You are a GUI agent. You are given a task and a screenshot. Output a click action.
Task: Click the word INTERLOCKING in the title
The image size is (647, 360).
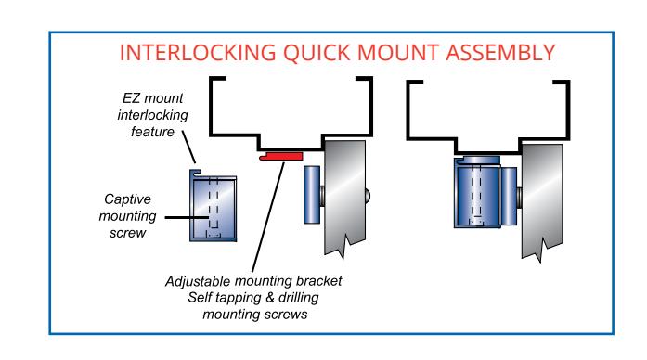point(198,53)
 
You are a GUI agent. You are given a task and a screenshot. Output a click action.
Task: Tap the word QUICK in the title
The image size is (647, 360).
point(317,53)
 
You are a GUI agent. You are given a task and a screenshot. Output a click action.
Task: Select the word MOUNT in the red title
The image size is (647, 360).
point(397,53)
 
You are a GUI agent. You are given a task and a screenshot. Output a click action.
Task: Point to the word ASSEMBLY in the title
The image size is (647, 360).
point(500,53)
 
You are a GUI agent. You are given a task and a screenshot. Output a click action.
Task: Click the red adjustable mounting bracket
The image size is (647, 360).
point(281,156)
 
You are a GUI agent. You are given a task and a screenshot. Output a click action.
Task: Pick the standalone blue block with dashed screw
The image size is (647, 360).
point(214,205)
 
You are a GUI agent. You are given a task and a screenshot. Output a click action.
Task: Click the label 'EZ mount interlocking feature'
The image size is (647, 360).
point(152,115)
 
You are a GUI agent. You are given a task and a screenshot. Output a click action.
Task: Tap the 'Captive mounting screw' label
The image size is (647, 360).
point(127,216)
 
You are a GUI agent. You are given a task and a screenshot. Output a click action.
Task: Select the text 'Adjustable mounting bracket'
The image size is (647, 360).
point(253,281)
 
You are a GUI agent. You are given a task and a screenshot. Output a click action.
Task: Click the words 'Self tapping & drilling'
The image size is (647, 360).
point(253,298)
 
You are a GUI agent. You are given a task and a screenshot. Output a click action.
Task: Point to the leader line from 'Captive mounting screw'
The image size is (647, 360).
point(187,217)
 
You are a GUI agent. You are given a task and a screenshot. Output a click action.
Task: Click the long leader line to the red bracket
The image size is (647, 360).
point(268,217)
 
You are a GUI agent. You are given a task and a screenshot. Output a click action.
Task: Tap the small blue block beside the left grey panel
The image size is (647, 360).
point(312,195)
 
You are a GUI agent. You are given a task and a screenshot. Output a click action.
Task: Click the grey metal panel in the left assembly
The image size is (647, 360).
point(345,198)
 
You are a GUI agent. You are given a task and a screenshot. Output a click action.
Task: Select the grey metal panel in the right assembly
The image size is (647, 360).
point(542,201)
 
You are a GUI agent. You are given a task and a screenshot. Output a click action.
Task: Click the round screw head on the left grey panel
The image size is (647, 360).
point(368,195)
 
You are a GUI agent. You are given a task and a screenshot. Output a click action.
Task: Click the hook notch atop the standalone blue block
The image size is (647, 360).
point(196,173)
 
